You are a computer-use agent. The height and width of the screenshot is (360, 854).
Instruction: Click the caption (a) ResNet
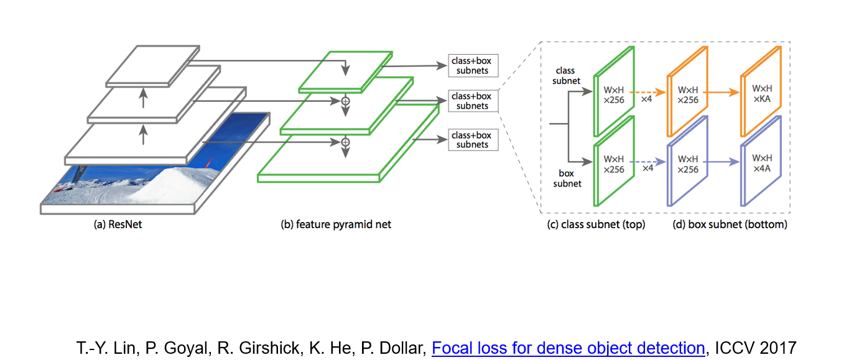(118, 224)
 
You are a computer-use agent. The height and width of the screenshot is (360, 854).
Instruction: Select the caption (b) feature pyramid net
(336, 224)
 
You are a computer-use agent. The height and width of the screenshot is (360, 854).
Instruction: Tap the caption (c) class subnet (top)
(596, 224)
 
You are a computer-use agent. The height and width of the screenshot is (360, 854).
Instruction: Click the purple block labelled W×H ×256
(688, 165)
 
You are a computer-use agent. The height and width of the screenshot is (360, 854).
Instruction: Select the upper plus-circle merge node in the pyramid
(346, 99)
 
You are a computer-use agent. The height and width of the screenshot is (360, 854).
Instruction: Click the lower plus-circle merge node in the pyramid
(346, 142)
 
